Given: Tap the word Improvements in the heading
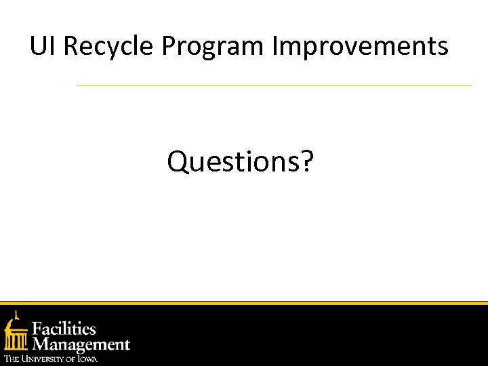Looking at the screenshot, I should coord(360,47).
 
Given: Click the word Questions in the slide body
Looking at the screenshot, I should coord(232,161).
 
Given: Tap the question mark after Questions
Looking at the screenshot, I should coord(307,161).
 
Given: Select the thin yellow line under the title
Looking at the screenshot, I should coord(274,86).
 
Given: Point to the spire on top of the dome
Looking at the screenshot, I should coord(17,314).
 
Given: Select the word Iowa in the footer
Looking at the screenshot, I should coord(87,359).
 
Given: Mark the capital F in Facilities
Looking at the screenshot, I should coord(39,329).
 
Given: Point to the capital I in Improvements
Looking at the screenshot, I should coord(274,46).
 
